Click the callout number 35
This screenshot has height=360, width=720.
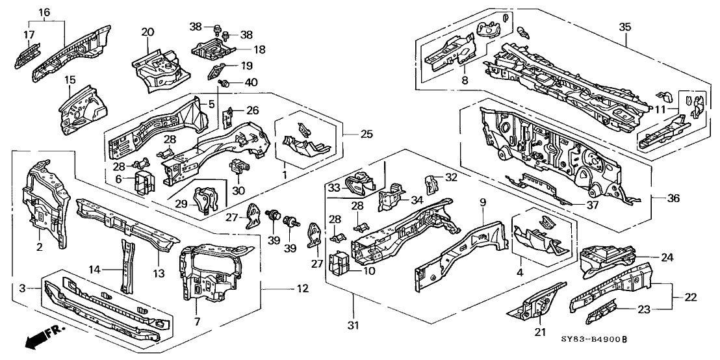click(624, 27)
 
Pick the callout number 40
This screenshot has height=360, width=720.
click(250, 83)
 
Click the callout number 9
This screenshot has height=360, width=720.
click(482, 202)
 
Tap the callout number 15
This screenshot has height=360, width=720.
click(69, 80)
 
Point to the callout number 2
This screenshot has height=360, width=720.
click(39, 247)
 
